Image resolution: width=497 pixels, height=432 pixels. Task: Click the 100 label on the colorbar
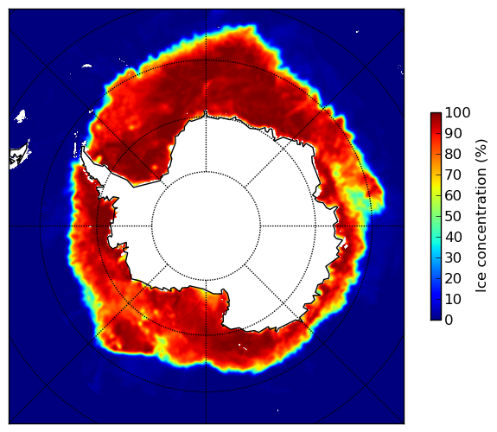coord(458,113)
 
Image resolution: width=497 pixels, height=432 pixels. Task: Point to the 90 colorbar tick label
coord(453,133)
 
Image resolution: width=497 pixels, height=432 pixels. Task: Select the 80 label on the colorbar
coord(453,155)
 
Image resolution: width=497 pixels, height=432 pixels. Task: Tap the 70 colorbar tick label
coord(453,175)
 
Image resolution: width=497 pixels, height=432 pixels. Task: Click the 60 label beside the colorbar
coord(453,195)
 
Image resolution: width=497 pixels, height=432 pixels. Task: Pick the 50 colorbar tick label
coord(453,217)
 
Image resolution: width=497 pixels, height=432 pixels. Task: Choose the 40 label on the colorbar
coord(453,237)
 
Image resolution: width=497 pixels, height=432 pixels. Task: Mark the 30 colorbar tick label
coord(453,258)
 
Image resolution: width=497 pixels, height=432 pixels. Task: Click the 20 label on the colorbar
coord(453,278)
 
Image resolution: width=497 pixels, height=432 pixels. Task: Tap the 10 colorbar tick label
coord(453,299)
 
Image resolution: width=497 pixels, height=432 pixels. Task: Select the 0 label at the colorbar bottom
coord(449,321)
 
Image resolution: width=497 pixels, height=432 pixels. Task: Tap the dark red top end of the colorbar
coord(436,114)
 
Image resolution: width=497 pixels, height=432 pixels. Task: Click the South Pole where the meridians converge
coord(207,226)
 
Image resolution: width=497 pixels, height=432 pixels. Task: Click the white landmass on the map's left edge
coord(19,156)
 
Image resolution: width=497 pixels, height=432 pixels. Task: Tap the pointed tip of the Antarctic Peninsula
coord(83,148)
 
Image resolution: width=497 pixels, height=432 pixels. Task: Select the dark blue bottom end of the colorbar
coord(436,318)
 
